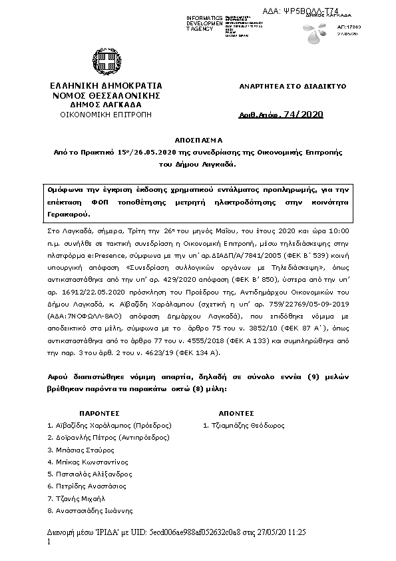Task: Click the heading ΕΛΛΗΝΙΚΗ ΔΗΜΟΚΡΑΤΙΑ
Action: (106, 87)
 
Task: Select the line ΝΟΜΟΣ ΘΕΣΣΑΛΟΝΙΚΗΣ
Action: (106, 96)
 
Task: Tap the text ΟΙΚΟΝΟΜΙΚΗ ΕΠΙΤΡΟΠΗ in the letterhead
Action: (106, 115)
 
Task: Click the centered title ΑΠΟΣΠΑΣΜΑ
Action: (198, 141)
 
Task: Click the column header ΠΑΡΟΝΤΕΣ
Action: (99, 413)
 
